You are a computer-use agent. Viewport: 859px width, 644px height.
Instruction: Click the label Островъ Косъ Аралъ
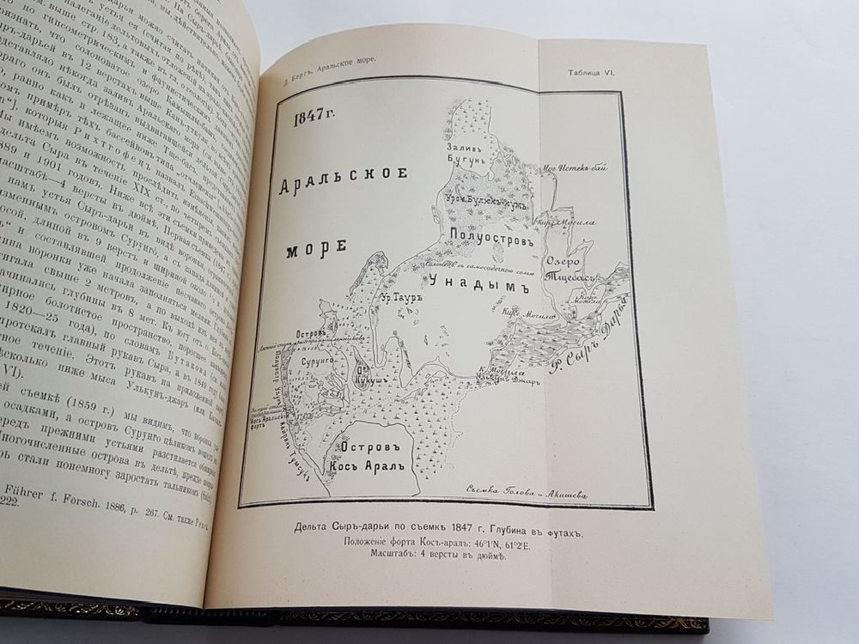pos(369,459)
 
